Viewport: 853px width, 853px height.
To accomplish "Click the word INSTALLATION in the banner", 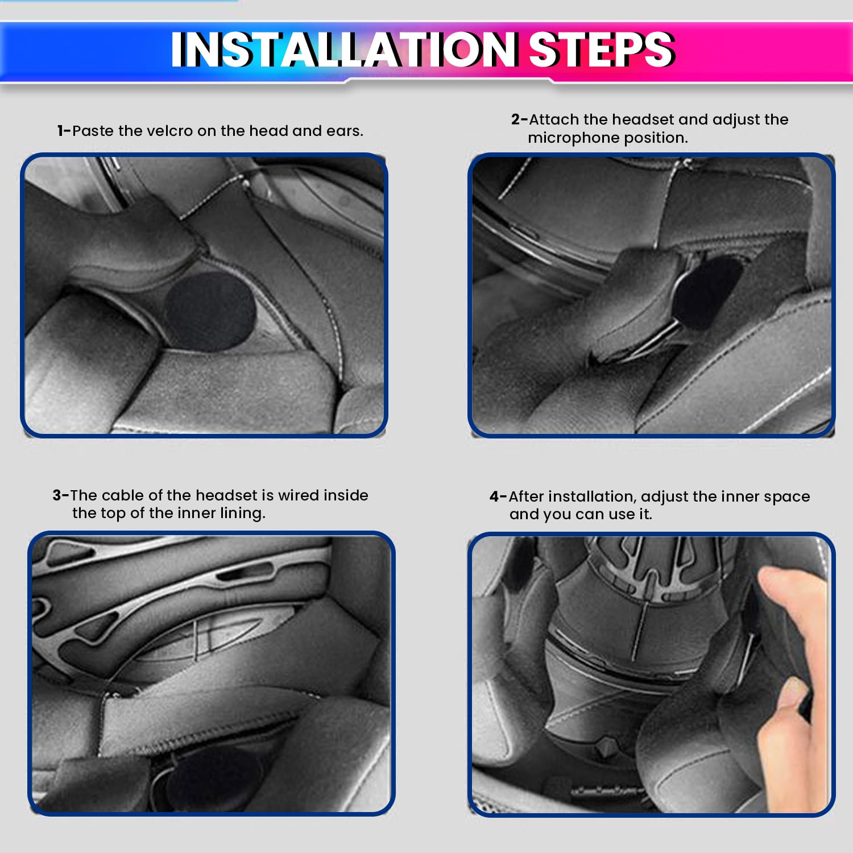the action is (x=344, y=49).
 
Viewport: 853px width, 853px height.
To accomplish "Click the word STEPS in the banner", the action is (x=602, y=49).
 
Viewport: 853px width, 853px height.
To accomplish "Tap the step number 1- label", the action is (x=64, y=131).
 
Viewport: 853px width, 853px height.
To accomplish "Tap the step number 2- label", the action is (x=519, y=119).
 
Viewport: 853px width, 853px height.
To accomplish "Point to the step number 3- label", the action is (x=61, y=495).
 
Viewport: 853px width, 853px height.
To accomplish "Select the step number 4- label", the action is (x=498, y=496).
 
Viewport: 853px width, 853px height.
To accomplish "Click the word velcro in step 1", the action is (x=169, y=131).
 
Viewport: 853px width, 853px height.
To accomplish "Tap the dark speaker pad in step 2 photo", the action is (x=707, y=294).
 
